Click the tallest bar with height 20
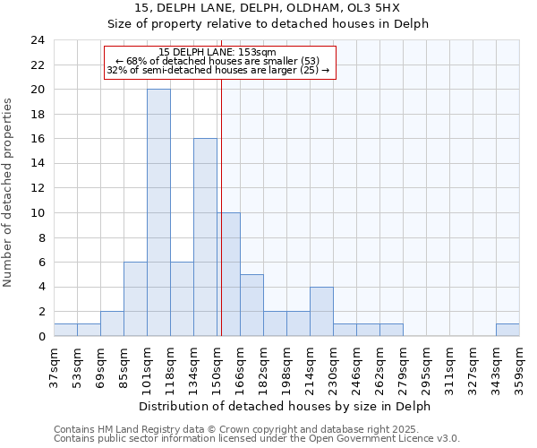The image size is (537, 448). [x=158, y=213]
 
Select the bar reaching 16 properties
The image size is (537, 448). [x=205, y=237]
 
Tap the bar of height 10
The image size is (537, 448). [x=229, y=274]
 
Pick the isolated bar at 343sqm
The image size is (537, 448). [x=507, y=330]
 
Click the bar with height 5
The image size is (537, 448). [x=251, y=305]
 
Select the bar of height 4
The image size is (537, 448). [x=321, y=311]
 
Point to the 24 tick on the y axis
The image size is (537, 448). [x=38, y=40]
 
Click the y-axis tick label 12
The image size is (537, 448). [x=38, y=188]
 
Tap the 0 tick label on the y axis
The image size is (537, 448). [x=41, y=336]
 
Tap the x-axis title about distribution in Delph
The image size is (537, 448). [x=286, y=406]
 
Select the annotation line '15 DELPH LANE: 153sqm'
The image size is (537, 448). [x=217, y=52]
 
